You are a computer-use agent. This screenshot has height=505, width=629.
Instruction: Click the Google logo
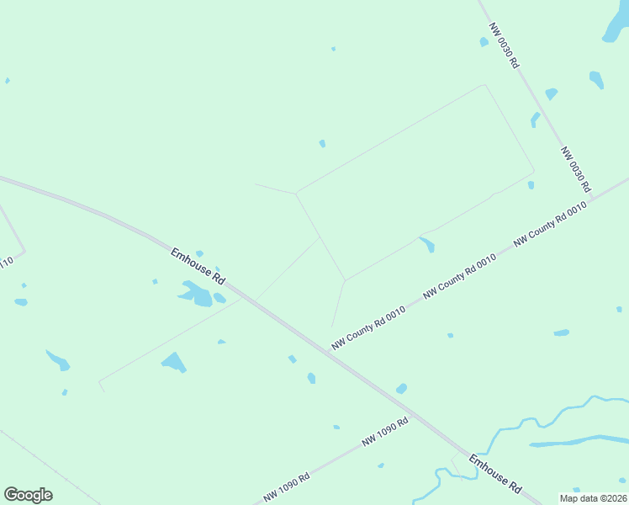[28, 495]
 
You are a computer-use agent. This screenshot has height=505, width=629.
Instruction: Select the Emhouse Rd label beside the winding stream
[495, 474]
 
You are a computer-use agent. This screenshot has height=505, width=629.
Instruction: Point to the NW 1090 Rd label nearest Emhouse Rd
[385, 430]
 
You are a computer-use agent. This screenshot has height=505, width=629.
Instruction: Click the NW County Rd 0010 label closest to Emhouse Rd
[368, 327]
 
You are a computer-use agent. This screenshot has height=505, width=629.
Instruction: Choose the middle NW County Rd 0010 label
[459, 275]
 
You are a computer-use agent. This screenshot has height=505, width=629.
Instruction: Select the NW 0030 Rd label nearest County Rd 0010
[576, 169]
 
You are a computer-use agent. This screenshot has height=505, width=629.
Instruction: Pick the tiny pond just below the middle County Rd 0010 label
[450, 335]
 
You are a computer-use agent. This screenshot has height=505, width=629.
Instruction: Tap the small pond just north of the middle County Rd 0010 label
[427, 245]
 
